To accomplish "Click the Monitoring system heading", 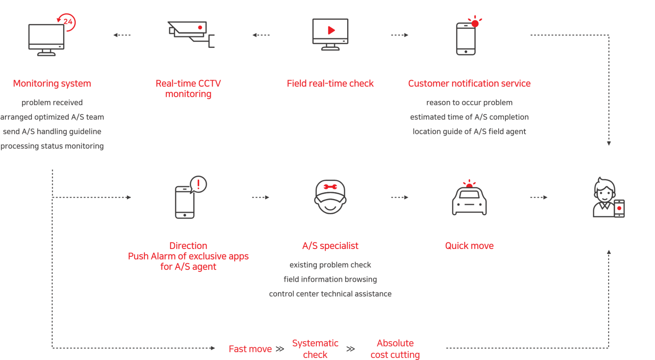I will coord(52,84).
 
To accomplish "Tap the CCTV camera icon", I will coord(190,34).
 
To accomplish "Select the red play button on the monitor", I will coord(331,30).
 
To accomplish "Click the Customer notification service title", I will coord(469,84).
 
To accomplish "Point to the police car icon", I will coord(469,199).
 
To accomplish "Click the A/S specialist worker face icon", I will coord(330,197).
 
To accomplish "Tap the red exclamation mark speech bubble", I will coord(199,184).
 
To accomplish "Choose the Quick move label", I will coord(469,246).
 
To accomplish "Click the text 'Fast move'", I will coord(250,349).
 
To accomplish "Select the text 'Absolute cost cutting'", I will coord(395,349).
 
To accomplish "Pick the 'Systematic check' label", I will coord(315,349).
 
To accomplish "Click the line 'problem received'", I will coord(52,102).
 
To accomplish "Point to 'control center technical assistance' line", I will coord(330,294).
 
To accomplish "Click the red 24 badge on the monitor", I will coord(68,22).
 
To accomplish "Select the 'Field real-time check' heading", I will coord(330,84).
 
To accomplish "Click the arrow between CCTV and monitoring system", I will coord(122,35).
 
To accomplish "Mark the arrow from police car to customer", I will coord(539,197).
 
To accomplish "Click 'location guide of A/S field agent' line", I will coord(469,131).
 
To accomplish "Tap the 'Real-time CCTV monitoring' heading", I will coord(188,88).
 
